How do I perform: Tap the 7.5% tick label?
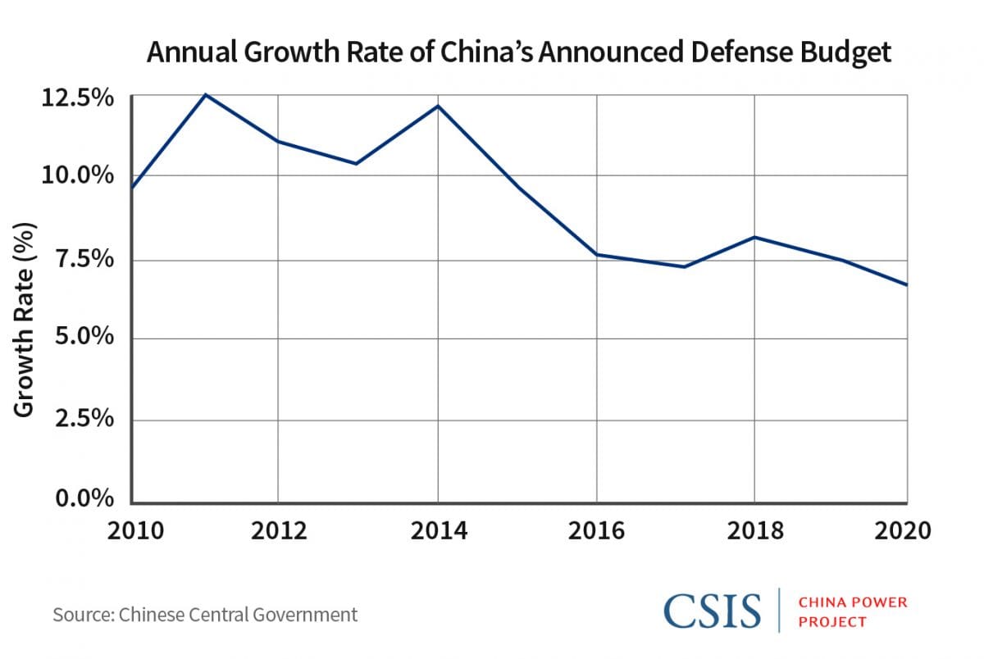84,260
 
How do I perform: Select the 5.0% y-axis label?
84,339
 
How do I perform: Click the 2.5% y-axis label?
84,420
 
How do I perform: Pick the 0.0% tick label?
84,499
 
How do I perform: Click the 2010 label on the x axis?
133,530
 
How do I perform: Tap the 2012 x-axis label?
278,530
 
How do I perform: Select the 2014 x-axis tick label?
438,530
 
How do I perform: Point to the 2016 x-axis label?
596,530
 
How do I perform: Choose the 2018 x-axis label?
754,530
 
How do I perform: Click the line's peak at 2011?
205,95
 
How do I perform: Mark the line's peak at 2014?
438,106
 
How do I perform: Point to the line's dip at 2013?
356,163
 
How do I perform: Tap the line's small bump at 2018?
754,238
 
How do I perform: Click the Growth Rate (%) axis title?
25,320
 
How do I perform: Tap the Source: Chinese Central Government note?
205,614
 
